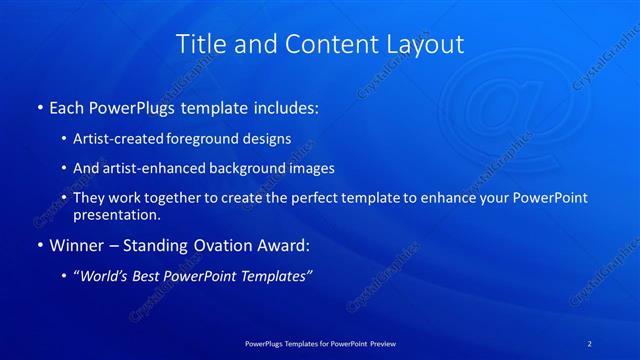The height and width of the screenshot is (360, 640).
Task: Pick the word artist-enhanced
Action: pos(146,168)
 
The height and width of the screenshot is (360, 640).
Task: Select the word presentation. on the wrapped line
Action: pos(117,214)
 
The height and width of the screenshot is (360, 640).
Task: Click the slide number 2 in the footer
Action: pos(590,343)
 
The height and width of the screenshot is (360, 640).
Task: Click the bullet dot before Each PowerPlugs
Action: pos(39,107)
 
